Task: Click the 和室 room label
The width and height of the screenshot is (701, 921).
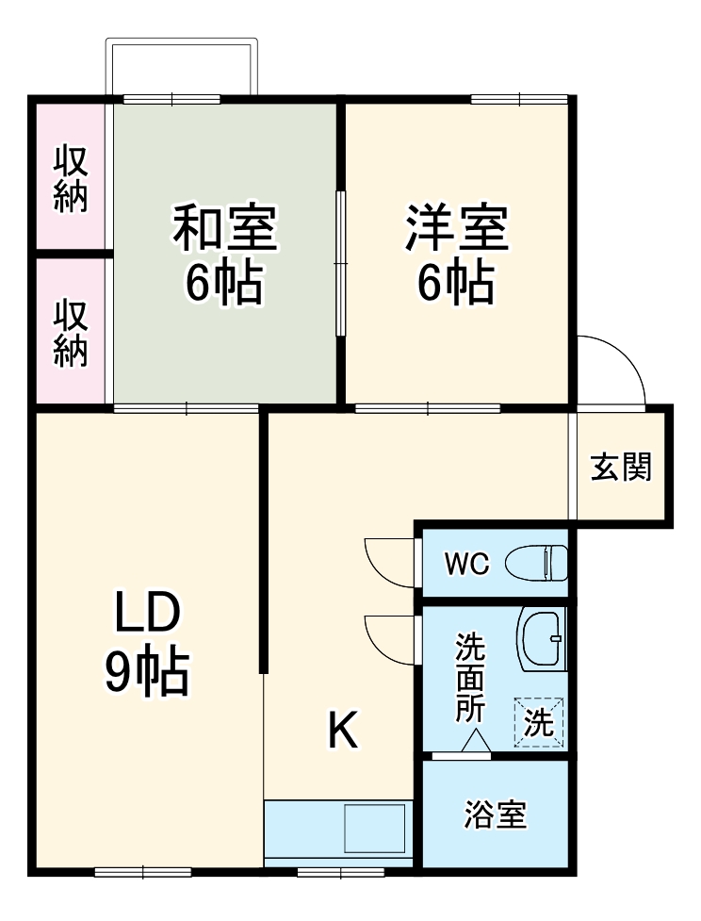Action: pyautogui.click(x=223, y=229)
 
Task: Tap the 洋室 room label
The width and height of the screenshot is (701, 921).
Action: pyautogui.click(x=457, y=229)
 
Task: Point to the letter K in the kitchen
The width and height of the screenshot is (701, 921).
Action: pyautogui.click(x=343, y=731)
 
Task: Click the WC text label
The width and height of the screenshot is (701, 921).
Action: pyautogui.click(x=466, y=565)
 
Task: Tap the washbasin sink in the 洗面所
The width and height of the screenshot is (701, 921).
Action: pyautogui.click(x=541, y=638)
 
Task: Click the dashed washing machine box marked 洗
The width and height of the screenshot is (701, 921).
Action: pyautogui.click(x=539, y=723)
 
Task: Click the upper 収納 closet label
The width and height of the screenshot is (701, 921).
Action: pyautogui.click(x=71, y=178)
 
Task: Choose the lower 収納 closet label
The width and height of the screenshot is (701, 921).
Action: pyautogui.click(x=71, y=334)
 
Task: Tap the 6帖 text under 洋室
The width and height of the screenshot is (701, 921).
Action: pyautogui.click(x=457, y=282)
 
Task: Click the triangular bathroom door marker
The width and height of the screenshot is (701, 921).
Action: pyautogui.click(x=475, y=745)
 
